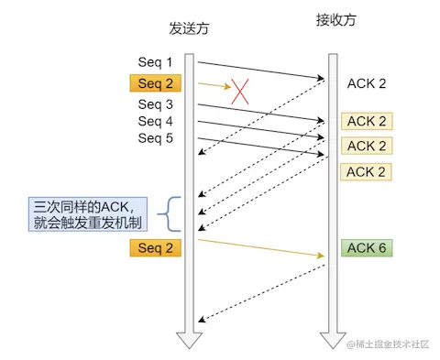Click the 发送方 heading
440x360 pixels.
click(189, 28)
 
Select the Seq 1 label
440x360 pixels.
click(155, 62)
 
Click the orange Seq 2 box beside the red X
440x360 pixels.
click(155, 84)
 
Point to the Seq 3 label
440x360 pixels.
click(155, 104)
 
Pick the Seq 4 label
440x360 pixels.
click(155, 121)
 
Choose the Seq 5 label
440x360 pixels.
click(155, 138)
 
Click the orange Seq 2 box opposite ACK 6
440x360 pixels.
click(155, 248)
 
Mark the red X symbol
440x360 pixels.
click(240, 90)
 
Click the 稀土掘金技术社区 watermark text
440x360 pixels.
click(392, 344)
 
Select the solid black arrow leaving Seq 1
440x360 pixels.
click(261, 71)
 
